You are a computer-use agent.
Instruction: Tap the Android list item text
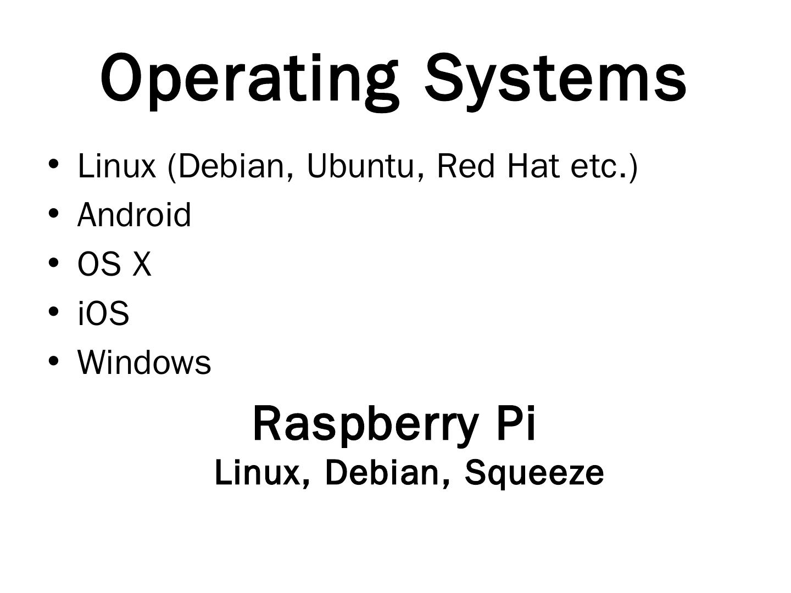point(135,215)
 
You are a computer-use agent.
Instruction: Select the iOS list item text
point(103,314)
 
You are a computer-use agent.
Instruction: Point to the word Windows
point(144,363)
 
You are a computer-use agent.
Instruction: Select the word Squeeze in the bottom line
point(534,473)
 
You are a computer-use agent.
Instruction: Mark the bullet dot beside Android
point(53,214)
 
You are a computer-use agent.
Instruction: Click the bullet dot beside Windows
point(53,362)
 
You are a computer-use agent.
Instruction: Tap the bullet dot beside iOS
point(53,312)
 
